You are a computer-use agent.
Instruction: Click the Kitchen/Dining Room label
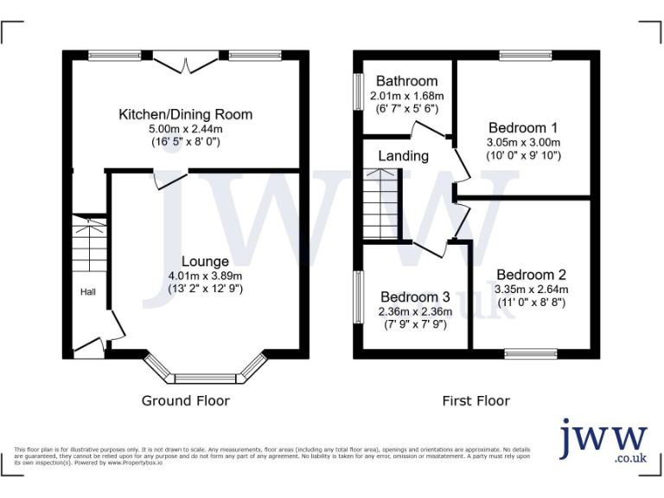186,114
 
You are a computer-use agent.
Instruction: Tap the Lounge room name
205,261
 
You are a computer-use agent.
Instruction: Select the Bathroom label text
406,81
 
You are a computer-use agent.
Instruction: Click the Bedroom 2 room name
532,274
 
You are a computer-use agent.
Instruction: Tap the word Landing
403,156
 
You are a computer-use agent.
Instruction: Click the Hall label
88,292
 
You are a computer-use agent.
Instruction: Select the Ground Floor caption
186,400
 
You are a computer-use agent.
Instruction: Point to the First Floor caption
476,400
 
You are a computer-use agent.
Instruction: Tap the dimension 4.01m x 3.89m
205,276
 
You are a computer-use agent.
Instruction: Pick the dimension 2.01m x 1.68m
406,96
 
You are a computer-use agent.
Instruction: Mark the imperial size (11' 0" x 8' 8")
532,303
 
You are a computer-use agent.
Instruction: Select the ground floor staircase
88,246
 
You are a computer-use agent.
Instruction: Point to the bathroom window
357,91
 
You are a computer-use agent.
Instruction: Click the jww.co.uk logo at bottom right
603,443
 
